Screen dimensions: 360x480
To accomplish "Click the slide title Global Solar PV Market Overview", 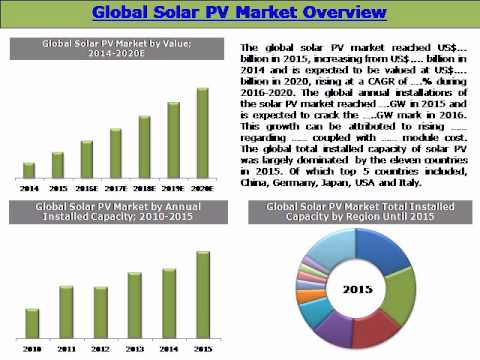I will tap(239, 14).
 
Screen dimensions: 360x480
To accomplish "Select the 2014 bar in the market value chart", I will tap(29, 170).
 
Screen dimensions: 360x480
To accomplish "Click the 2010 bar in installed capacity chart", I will tap(32, 323).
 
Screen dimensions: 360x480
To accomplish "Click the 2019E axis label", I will tap(173, 186).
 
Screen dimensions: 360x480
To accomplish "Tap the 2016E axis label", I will tap(87, 186).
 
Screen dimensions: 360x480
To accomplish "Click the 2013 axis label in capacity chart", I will tap(134, 349).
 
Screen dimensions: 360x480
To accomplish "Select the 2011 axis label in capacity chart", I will tap(66, 349).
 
